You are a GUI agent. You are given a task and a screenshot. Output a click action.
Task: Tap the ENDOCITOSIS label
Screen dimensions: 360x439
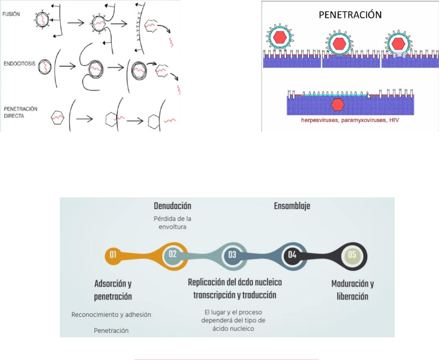pyautogui.click(x=19, y=63)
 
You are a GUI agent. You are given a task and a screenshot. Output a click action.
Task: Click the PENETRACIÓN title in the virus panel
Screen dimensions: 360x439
pyautogui.click(x=350, y=15)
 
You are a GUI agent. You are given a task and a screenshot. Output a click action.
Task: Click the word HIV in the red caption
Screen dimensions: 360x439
pyautogui.click(x=393, y=119)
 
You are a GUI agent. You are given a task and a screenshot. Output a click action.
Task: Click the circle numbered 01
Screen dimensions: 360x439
pyautogui.click(x=113, y=255)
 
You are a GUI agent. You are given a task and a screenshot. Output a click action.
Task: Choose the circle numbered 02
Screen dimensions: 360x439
pyautogui.click(x=173, y=255)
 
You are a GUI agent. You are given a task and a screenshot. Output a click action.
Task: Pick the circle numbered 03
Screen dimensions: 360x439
pyautogui.click(x=232, y=255)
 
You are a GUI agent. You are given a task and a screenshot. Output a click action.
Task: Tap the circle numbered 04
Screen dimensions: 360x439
pyautogui.click(x=292, y=255)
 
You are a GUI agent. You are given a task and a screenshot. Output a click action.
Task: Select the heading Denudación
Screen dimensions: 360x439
pyautogui.click(x=172, y=206)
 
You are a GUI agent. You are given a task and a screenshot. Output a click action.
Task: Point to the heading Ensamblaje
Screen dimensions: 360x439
pyautogui.click(x=292, y=206)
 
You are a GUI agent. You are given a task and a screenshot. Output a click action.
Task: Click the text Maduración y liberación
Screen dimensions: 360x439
pyautogui.click(x=352, y=290)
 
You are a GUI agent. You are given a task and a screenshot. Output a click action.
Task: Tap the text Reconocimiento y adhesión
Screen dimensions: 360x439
pyautogui.click(x=111, y=314)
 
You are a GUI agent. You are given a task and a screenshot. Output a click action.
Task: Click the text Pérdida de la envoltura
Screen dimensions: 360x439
pyautogui.click(x=172, y=222)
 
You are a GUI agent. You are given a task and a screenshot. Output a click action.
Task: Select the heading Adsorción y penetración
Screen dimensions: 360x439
pyautogui.click(x=113, y=290)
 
